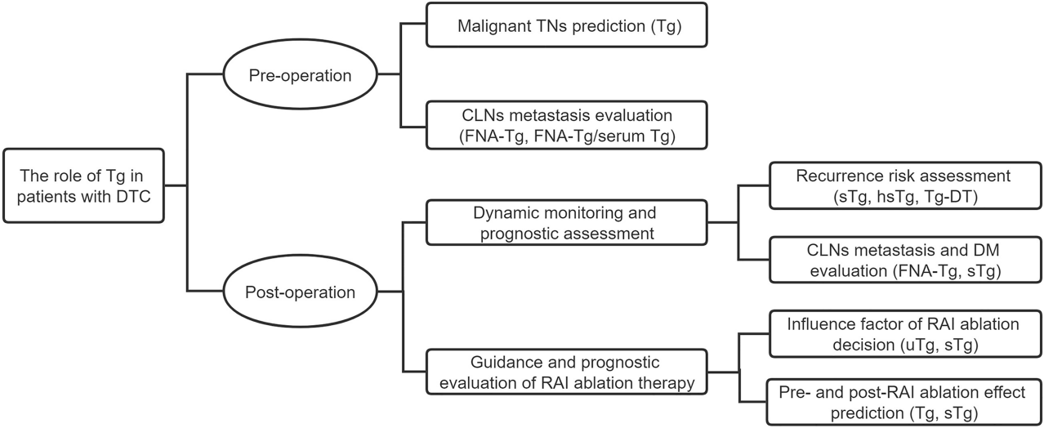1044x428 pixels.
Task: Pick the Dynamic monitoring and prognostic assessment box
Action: pyautogui.click(x=566, y=221)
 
